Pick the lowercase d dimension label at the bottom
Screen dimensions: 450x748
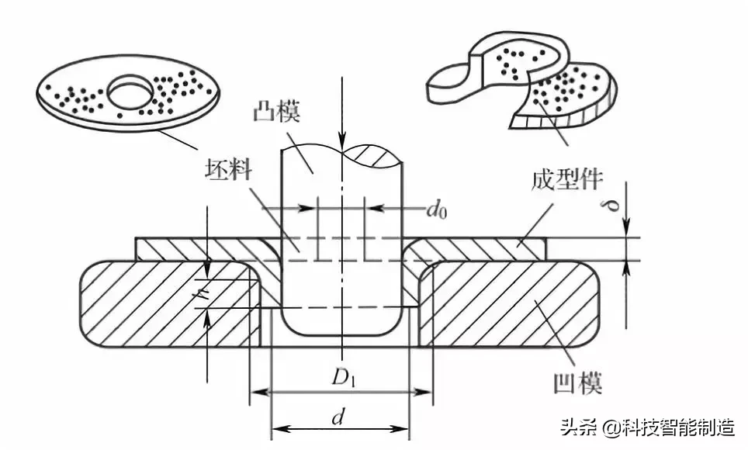(338, 417)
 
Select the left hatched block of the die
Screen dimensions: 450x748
(167, 303)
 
